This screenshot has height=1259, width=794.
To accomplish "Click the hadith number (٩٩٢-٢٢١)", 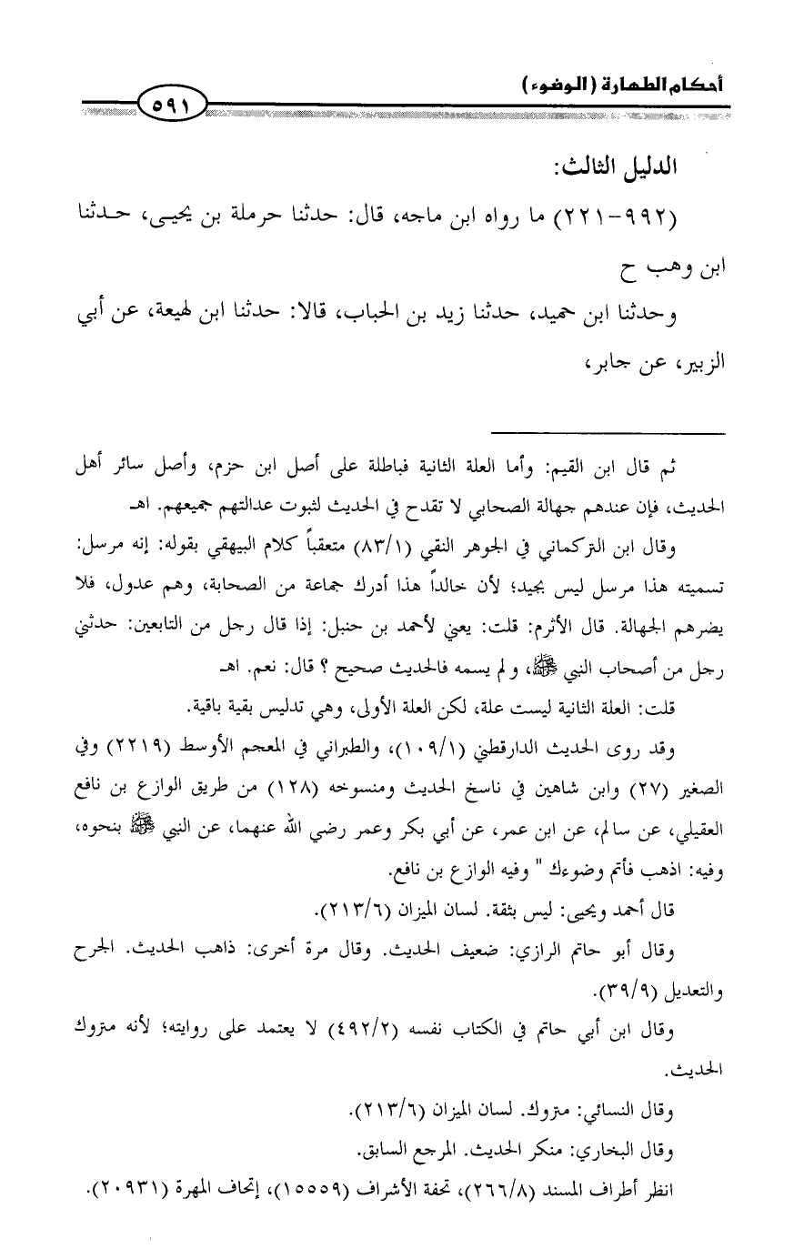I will point(618,219).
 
